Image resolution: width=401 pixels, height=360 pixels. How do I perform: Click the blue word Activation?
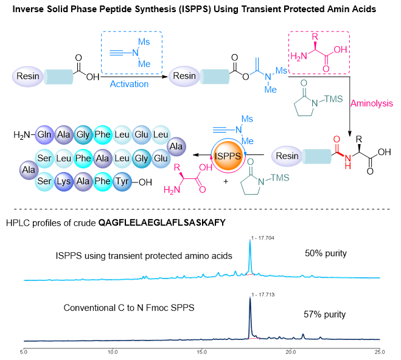tap(131, 84)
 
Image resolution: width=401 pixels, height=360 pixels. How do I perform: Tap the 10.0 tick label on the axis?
tap(112, 351)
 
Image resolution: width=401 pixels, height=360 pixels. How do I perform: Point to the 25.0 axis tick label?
tap(380, 351)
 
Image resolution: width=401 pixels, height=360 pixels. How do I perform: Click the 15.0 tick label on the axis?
tap(201, 351)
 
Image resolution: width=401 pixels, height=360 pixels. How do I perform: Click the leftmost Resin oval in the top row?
tap(26, 76)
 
